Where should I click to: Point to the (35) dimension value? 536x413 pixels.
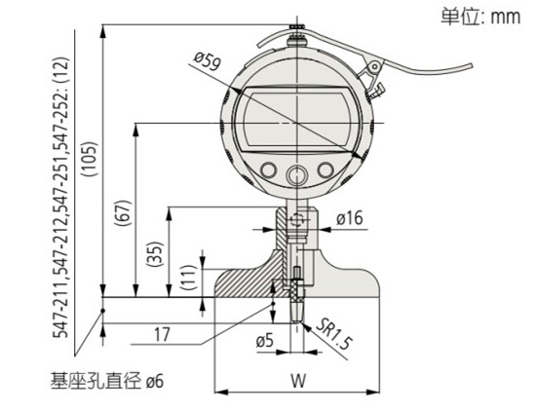click(155, 254)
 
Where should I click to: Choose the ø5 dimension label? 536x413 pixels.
click(263, 341)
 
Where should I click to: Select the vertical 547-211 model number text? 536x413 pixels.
click(61, 195)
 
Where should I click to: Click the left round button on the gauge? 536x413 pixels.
click(265, 172)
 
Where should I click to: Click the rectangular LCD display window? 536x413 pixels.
click(294, 123)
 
